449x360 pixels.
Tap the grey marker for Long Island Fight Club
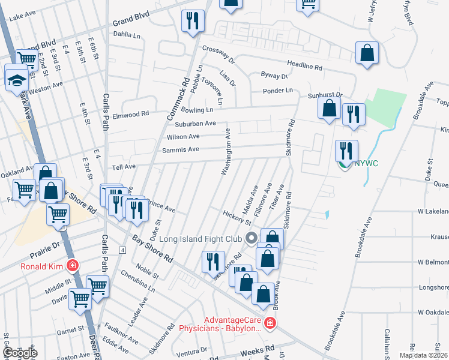click(x=252, y=237)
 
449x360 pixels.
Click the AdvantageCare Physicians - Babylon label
click(x=220, y=324)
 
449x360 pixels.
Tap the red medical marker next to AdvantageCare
click(x=270, y=324)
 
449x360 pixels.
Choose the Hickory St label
click(x=236, y=218)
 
